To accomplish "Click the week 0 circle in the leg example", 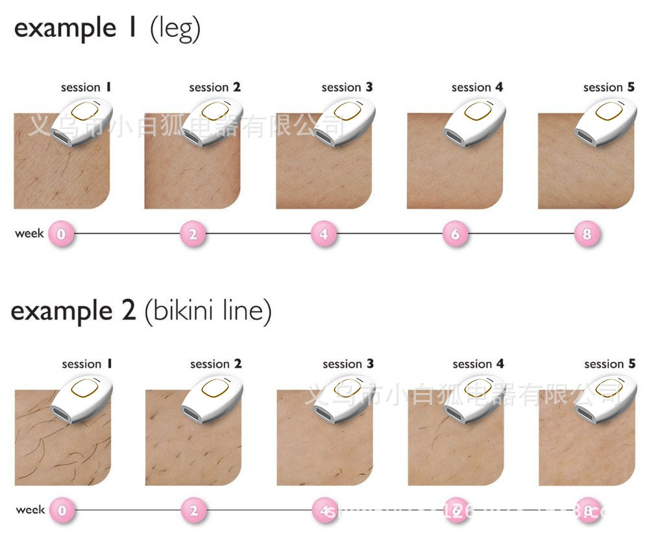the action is click(x=62, y=234).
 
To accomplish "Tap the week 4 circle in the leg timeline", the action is click(x=324, y=234).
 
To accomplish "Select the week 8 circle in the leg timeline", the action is click(x=587, y=234).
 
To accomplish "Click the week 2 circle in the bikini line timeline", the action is click(x=193, y=511).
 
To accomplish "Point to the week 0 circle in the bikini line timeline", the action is click(x=62, y=511).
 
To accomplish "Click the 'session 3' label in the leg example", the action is click(x=347, y=88).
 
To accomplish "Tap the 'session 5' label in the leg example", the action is click(x=609, y=88).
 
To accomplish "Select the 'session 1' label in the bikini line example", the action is click(x=87, y=364).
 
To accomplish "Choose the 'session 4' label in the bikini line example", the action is click(x=478, y=364).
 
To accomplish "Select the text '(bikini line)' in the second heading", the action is click(x=207, y=312).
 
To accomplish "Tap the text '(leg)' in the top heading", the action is click(x=175, y=29).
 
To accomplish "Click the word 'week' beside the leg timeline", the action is click(x=29, y=233).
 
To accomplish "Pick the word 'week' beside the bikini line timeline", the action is click(x=30, y=510).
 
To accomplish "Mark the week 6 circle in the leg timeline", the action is click(x=455, y=234).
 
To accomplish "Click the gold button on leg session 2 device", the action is click(x=215, y=111).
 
